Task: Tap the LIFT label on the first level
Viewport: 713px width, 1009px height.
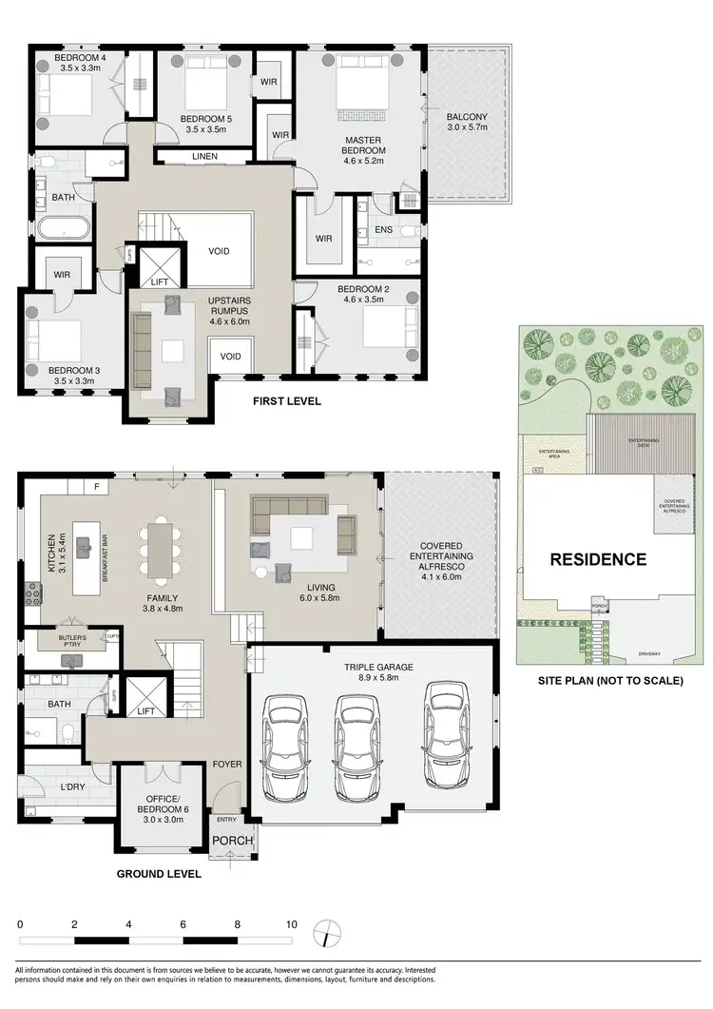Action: [x=159, y=282]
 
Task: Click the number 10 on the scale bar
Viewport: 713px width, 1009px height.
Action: [x=291, y=923]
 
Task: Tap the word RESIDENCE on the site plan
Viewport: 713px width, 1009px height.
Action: [x=598, y=559]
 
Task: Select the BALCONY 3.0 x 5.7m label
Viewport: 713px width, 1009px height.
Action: [x=467, y=126]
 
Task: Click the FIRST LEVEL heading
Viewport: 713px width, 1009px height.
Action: [x=286, y=401]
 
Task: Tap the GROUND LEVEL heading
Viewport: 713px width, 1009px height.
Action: [x=159, y=873]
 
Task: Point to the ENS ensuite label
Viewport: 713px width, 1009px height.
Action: [x=383, y=230]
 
